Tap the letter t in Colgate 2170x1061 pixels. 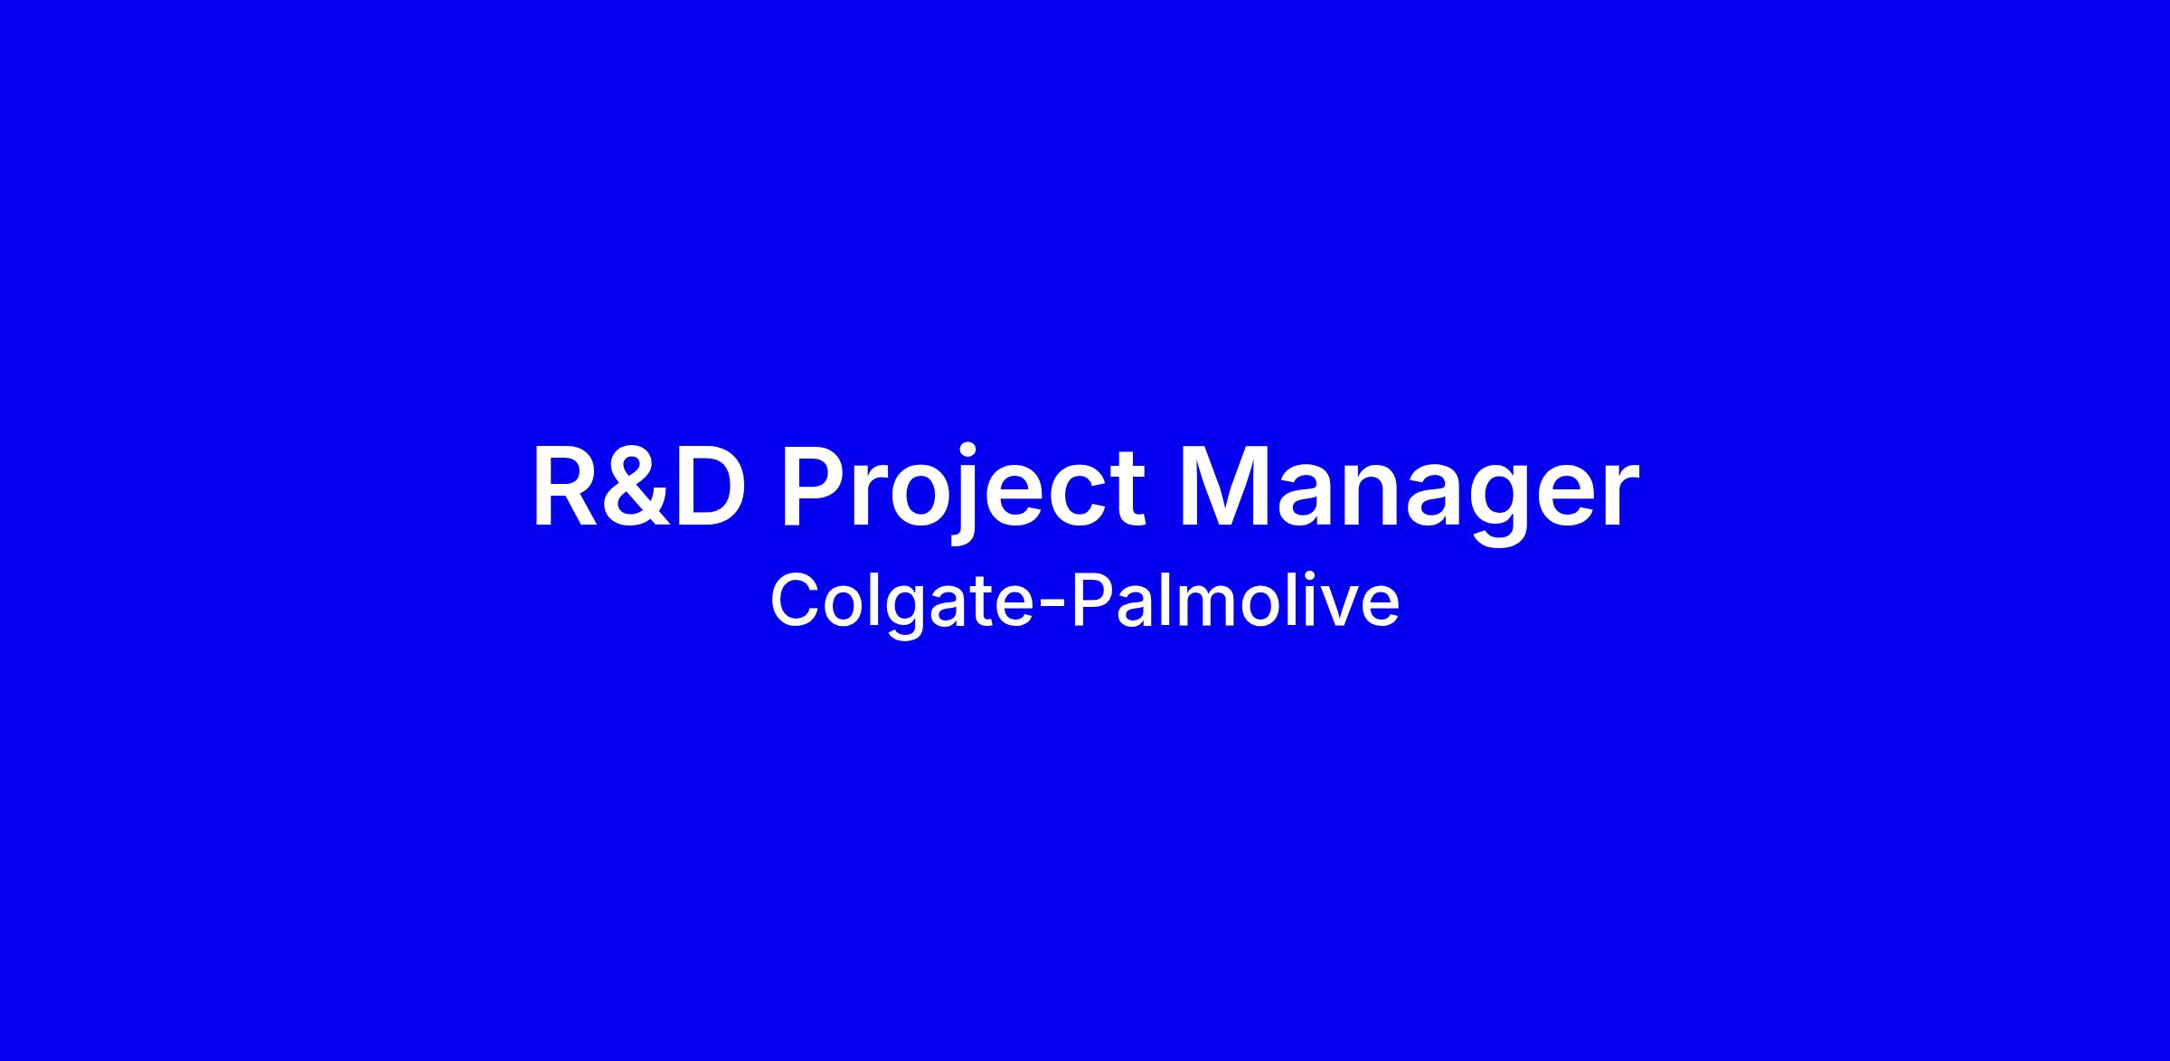(x=980, y=603)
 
